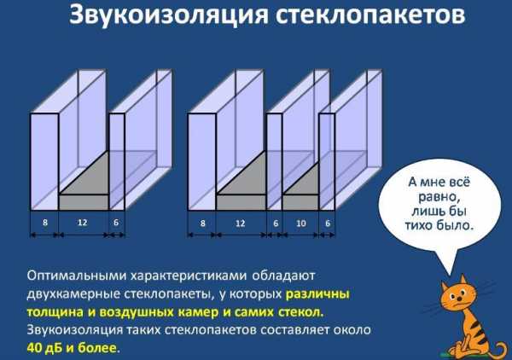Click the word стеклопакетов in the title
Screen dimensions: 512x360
point(370,15)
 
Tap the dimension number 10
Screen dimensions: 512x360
point(300,224)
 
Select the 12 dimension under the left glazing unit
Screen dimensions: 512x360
point(82,223)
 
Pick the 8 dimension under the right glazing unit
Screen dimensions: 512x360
point(203,224)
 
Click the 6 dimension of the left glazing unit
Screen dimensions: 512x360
point(116,223)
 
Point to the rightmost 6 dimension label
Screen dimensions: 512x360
point(328,224)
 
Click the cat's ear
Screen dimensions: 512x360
point(463,282)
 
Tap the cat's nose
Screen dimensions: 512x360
point(459,299)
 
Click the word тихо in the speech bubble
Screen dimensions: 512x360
point(417,225)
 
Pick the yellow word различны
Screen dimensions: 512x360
point(317,294)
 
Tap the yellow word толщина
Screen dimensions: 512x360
point(55,312)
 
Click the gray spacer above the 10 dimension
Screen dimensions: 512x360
point(300,202)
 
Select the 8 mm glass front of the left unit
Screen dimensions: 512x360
point(44,161)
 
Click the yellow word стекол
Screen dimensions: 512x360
point(300,312)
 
